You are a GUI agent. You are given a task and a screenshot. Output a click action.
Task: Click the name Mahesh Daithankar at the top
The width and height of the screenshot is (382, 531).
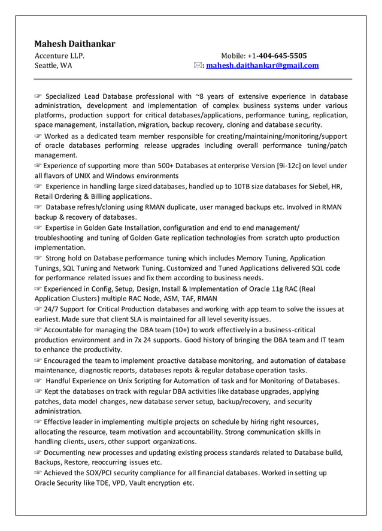pyautogui.click(x=75, y=44)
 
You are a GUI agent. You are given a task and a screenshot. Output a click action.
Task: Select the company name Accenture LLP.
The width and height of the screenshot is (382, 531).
pyautogui.click(x=59, y=56)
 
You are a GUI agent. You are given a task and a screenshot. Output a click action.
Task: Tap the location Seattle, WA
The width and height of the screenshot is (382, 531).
pyautogui.click(x=53, y=65)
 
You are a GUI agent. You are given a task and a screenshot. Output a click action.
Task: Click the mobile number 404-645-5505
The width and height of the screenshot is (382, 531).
pyautogui.click(x=283, y=56)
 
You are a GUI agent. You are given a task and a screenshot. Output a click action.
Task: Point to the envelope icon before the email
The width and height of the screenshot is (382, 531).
pyautogui.click(x=198, y=65)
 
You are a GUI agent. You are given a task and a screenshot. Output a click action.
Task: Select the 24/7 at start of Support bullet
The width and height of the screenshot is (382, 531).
pyautogui.click(x=53, y=309)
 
